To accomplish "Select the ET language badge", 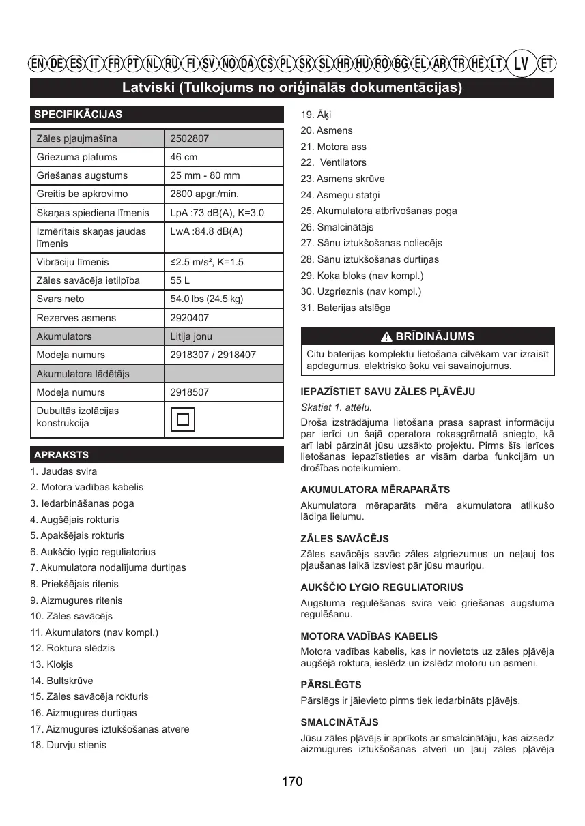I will (547, 64).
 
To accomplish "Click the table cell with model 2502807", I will (190, 138).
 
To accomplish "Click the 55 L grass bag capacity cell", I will (180, 280).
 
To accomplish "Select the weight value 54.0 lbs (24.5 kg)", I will (206, 299).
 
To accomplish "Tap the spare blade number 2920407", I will (190, 318).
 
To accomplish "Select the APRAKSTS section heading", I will (61, 455).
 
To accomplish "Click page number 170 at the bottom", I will (291, 782).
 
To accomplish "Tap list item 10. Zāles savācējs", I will (71, 616).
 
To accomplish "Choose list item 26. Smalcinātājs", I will (337, 227).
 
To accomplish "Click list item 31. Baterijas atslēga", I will (345, 308).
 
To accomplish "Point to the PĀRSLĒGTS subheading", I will (331, 684).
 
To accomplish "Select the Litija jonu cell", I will (191, 336).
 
